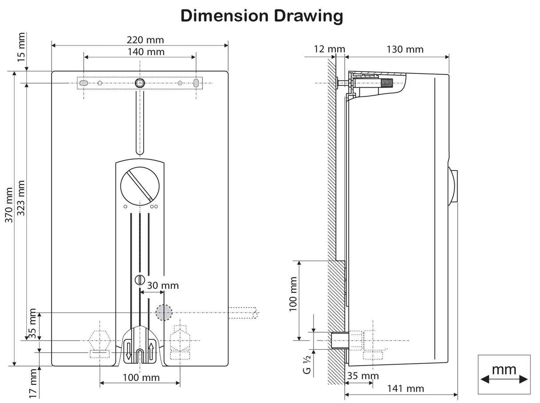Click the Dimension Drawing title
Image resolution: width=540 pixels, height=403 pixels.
coord(262,16)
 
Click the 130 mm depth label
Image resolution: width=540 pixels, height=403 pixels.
coord(405,49)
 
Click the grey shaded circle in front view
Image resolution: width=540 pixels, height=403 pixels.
coord(164,313)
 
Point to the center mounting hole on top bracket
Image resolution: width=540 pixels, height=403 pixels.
coord(140,83)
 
